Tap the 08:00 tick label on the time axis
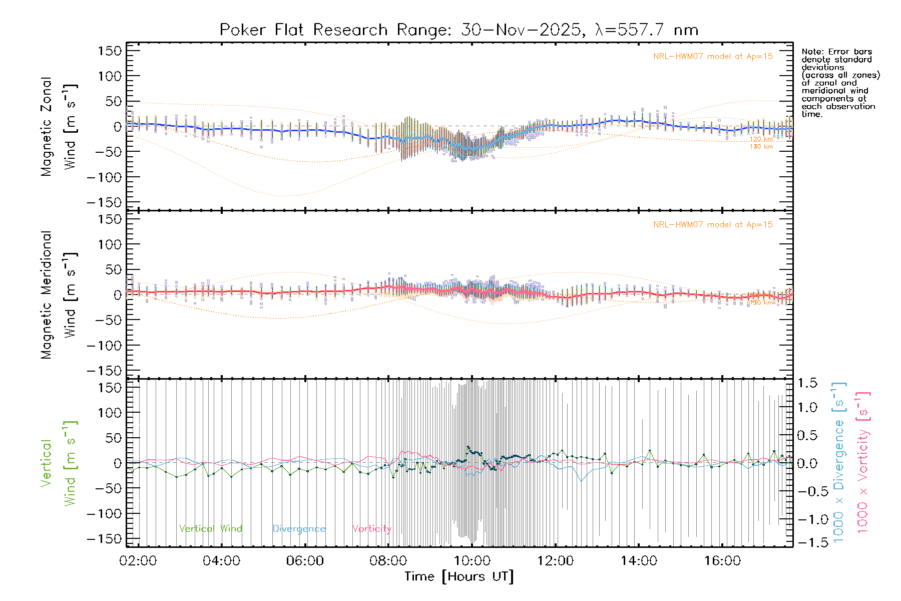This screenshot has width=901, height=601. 388,561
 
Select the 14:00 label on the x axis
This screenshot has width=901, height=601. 639,561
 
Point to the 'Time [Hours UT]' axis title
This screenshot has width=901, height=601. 459,576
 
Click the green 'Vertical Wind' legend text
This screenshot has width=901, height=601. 210,529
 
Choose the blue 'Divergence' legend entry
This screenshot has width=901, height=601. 299,529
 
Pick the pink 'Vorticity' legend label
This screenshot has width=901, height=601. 371,529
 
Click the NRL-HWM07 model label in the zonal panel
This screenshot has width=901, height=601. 713,57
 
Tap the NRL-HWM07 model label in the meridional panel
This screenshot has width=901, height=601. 713,225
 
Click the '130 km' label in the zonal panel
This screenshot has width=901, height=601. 761,147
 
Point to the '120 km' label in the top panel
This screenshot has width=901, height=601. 761,139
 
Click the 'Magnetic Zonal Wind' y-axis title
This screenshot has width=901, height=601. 59,126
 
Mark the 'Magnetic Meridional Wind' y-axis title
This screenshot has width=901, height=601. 59,294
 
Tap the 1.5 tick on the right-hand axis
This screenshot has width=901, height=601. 807,383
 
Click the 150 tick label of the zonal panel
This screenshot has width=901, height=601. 110,51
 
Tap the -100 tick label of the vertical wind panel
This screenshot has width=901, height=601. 104,514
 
